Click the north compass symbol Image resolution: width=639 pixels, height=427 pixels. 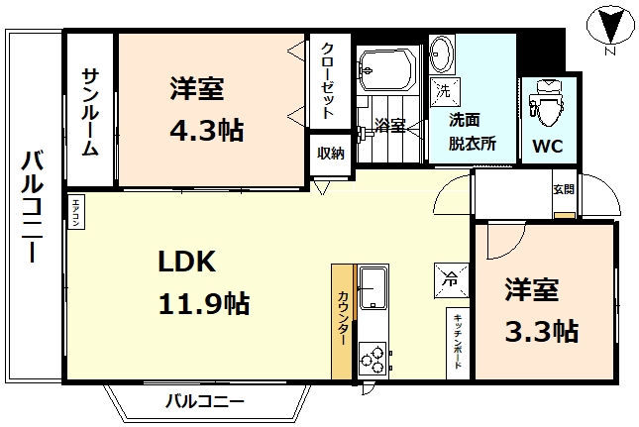click(610, 27)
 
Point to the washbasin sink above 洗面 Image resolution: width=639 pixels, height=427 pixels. click(443, 53)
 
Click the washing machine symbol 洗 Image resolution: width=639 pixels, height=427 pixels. click(443, 89)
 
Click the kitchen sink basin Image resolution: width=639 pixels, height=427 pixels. click(373, 287)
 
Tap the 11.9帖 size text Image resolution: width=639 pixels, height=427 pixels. click(204, 302)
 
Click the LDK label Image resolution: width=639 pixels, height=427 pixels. click(187, 262)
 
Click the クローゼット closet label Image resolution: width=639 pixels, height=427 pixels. click(328, 78)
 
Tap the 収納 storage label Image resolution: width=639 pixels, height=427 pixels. click(330, 153)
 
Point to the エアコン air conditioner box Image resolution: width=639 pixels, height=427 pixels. click(76, 212)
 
